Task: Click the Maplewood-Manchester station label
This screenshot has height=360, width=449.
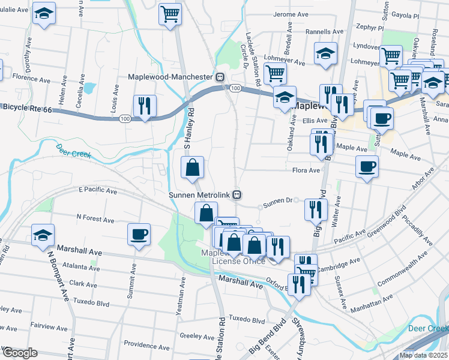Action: point(172,77)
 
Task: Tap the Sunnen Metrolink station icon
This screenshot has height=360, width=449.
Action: point(238,195)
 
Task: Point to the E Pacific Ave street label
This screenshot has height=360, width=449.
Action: point(98,190)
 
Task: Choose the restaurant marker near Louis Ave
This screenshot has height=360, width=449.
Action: point(145,106)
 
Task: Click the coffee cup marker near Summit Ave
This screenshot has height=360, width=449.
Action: point(139,233)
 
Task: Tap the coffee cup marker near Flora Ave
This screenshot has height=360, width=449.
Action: point(367,166)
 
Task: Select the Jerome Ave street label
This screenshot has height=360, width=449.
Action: point(289,14)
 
